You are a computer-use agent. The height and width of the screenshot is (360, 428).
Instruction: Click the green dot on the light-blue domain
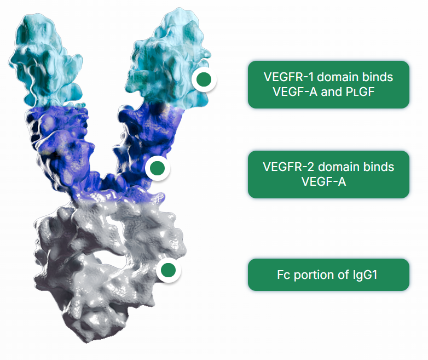click(204, 79)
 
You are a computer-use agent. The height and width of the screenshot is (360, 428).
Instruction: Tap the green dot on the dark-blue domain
click(158, 168)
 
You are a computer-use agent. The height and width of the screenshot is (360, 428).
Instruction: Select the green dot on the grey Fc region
click(169, 270)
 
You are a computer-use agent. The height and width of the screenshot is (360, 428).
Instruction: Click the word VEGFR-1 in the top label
click(289, 77)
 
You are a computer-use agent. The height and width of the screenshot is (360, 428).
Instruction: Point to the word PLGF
click(360, 92)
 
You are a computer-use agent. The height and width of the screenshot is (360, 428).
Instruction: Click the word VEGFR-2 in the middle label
click(288, 167)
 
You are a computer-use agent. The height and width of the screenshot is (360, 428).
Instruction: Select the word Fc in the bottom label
click(284, 275)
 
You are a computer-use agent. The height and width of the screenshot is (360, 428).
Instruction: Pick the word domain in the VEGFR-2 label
click(338, 167)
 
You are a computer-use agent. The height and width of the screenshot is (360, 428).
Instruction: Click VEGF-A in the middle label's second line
click(323, 181)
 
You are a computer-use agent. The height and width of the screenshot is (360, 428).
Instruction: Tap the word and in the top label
click(331, 92)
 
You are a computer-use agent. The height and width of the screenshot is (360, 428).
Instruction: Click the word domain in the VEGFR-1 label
click(338, 77)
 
